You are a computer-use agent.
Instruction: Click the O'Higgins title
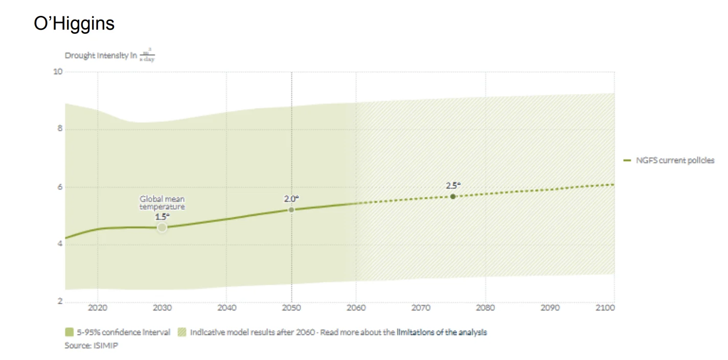[x=74, y=24]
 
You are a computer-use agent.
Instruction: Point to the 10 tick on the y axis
[x=58, y=72]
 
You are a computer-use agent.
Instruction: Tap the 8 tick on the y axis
[x=60, y=129]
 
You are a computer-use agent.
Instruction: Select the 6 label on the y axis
[x=60, y=187]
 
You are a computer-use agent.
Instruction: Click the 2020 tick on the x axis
[x=98, y=308]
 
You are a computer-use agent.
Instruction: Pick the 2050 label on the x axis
[x=291, y=308]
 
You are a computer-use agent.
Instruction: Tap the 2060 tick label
[x=356, y=308]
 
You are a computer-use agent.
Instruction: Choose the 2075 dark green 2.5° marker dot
[x=453, y=196]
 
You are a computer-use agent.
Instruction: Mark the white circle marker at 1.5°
[x=162, y=228]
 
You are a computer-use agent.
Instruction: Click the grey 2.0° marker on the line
[x=291, y=210]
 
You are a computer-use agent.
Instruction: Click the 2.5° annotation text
[x=453, y=185]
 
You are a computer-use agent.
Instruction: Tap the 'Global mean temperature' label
[x=162, y=203]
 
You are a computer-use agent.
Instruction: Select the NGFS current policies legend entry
[x=670, y=161]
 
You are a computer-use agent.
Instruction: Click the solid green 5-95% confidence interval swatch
[x=70, y=332]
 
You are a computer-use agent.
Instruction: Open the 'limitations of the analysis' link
[x=443, y=332]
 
